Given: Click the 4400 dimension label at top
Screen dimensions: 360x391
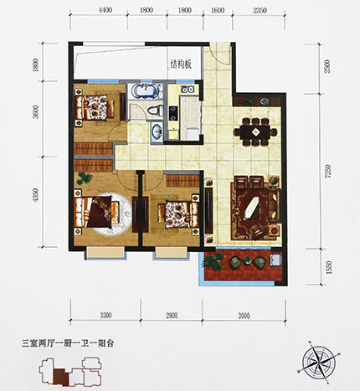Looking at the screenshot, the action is (x=105, y=11).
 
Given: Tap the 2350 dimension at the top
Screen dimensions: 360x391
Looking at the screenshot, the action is (x=260, y=11).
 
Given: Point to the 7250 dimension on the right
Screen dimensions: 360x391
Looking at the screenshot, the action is (x=328, y=171).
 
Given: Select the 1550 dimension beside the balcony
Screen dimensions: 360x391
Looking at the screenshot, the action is (x=329, y=267).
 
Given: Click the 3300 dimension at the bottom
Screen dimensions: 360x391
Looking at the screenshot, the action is (x=106, y=316).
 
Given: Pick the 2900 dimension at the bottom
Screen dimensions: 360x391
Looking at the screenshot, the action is (x=172, y=316).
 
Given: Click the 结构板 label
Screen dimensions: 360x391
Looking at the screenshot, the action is (x=181, y=65).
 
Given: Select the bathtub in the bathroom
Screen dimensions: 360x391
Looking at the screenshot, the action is (x=145, y=91).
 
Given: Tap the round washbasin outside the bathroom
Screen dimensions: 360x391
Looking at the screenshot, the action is (x=157, y=131).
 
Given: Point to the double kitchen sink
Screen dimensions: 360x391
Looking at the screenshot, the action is (x=188, y=90).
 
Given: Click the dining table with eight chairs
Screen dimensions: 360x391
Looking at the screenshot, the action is (x=255, y=131).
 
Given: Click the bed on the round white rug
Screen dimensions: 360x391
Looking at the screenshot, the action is (x=97, y=211).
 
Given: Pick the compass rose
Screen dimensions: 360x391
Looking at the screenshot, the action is (x=317, y=359).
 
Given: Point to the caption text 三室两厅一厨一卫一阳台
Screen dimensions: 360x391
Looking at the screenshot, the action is (x=68, y=343).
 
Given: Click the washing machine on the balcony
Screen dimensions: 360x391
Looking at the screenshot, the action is (x=275, y=260).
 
